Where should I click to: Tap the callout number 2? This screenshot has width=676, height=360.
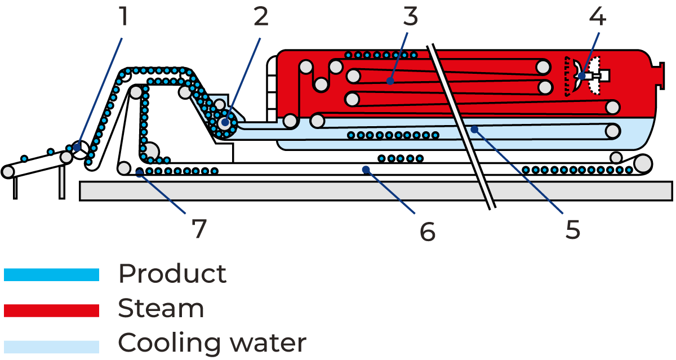pyautogui.click(x=261, y=17)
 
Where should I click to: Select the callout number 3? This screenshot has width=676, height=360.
pyautogui.click(x=411, y=17)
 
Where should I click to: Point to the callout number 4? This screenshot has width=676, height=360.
pyautogui.click(x=597, y=17)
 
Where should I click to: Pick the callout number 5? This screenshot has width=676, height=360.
pyautogui.click(x=572, y=230)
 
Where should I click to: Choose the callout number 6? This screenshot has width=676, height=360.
pyautogui.click(x=428, y=231)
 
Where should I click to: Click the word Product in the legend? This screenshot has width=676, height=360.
pyautogui.click(x=172, y=274)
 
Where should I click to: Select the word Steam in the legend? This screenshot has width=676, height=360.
pyautogui.click(x=161, y=309)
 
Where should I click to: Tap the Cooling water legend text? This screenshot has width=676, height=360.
pyautogui.click(x=212, y=343)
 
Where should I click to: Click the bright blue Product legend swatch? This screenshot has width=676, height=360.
pyautogui.click(x=51, y=275)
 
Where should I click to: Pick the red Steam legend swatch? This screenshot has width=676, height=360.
pyautogui.click(x=51, y=310)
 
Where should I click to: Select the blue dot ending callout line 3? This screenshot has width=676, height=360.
pyautogui.click(x=390, y=81)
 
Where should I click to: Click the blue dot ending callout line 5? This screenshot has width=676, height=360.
pyautogui.click(x=474, y=130)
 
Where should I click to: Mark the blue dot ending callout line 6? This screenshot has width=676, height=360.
pyautogui.click(x=366, y=169)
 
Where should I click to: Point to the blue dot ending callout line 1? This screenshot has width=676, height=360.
pyautogui.click(x=77, y=148)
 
